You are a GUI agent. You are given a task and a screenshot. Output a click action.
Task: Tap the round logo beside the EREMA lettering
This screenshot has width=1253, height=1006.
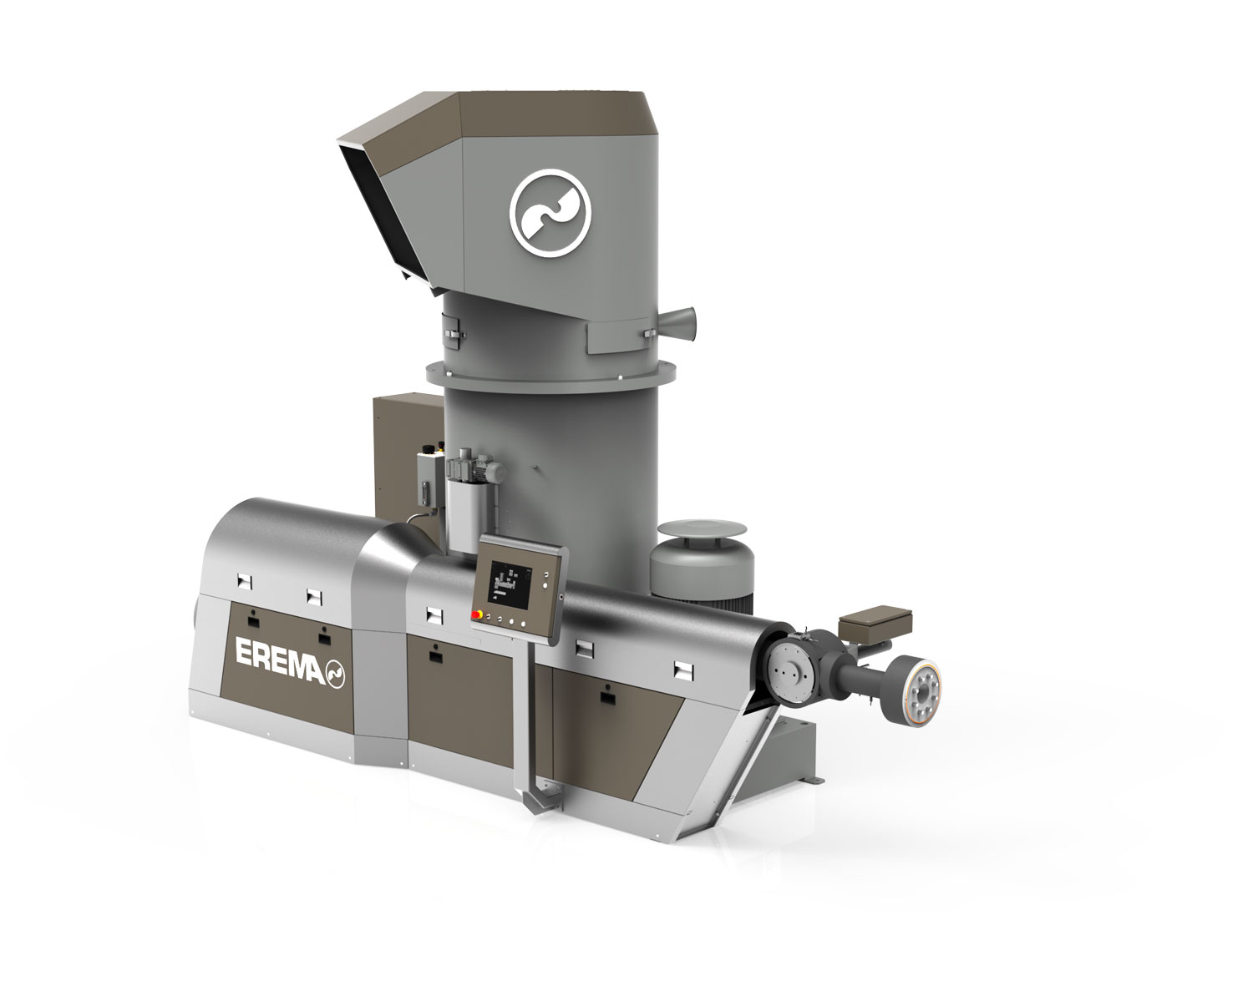coord(335,673)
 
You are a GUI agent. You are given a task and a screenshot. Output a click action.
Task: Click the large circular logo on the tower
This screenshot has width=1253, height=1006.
coord(550,213)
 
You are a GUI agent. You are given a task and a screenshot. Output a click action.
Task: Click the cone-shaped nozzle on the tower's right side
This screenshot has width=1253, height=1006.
coord(677,323)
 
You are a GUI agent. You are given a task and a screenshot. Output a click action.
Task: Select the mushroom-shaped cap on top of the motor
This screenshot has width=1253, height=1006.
coord(703,529)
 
